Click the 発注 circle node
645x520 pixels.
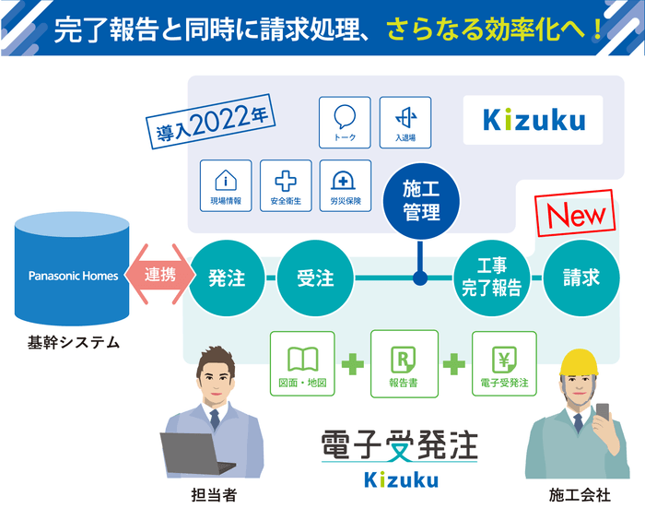coord(227,277)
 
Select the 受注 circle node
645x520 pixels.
coord(316,277)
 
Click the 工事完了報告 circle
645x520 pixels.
coord(491,277)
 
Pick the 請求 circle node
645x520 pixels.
coord(580,277)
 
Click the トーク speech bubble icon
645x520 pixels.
coord(345,123)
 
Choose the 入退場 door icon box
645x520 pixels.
coord(405,123)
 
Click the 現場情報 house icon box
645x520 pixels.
coord(226,185)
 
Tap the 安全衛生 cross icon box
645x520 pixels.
coord(286,185)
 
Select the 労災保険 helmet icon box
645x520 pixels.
coord(345,185)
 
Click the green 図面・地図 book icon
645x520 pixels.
coord(302,363)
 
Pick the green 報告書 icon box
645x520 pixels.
coord(403,363)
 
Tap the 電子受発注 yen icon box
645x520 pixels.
coord(504,363)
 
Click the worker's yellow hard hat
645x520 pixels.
coord(579,362)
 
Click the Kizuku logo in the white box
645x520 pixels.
coord(533,120)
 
